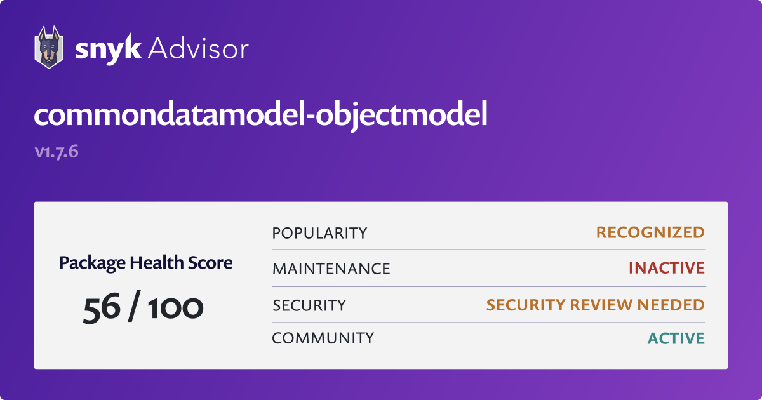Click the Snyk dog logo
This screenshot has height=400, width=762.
pos(49,47)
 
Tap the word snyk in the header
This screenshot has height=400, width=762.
pos(108,49)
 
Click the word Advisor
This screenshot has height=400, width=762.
pos(198,48)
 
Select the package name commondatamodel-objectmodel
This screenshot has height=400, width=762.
pos(260,115)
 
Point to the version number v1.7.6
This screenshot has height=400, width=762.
pos(57,152)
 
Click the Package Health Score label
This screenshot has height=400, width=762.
pos(145,263)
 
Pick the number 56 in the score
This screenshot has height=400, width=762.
pos(102,308)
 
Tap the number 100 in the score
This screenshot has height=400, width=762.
pos(175,308)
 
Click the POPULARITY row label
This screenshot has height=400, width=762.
pos(319,234)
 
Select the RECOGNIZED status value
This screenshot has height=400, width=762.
pos(650,232)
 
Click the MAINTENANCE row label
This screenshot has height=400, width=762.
pos(331,269)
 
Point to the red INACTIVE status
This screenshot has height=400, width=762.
pos(667,268)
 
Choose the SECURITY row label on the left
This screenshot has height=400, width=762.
pos(309,305)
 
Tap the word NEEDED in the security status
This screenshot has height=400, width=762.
pos(671,305)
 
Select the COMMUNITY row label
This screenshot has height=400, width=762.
pos(323,338)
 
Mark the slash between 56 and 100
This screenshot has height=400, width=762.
pos(134,306)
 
